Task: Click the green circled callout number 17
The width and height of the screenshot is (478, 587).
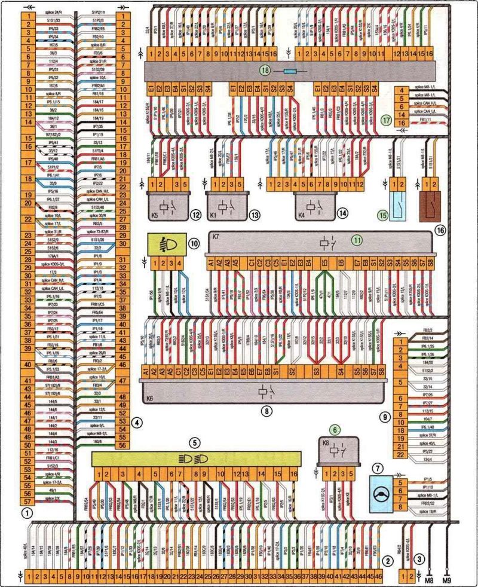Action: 386,120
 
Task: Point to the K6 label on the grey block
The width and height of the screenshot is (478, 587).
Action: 150,395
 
